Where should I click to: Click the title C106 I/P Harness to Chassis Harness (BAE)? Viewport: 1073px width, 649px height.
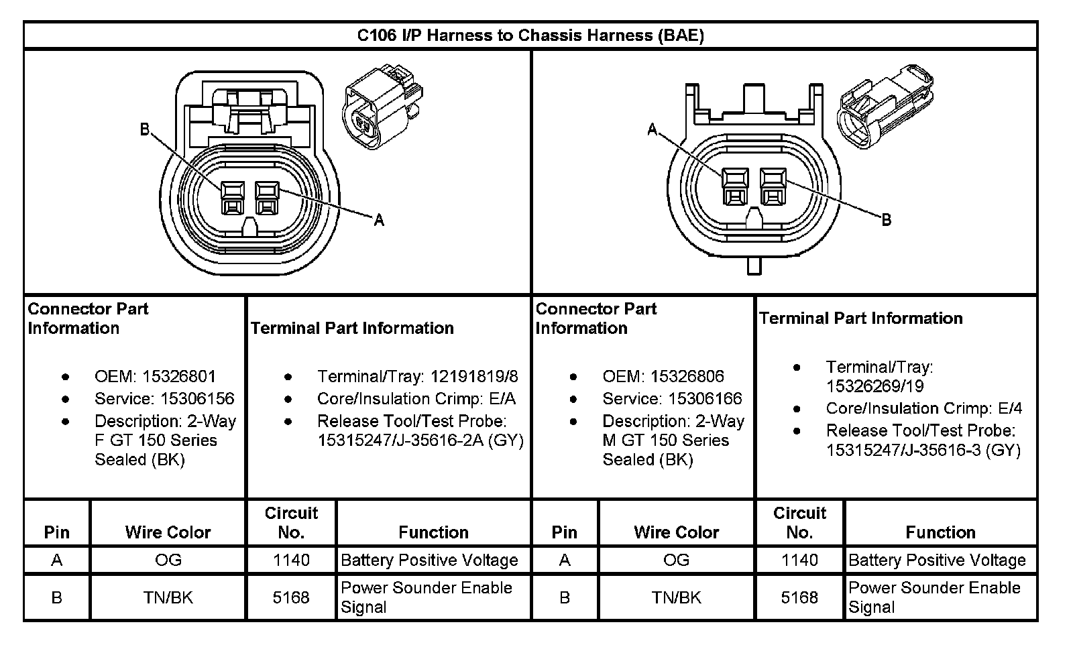pos(530,36)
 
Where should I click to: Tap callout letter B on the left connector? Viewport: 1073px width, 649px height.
pos(144,129)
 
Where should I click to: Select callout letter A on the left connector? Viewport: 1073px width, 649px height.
pos(379,220)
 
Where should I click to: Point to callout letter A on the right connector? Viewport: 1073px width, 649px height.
pos(652,129)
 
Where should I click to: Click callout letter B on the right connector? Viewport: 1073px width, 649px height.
pos(886,220)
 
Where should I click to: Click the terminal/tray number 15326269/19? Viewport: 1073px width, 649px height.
pos(874,387)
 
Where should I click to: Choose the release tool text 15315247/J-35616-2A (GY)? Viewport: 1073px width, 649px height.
pos(420,441)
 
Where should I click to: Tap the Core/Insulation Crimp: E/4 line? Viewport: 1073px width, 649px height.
pos(923,408)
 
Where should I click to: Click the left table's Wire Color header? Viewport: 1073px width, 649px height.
pos(168,532)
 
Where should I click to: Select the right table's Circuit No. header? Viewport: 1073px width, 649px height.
pos(799,523)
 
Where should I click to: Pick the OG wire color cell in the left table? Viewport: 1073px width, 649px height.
pos(168,560)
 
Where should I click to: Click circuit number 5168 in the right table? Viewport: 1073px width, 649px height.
pos(799,597)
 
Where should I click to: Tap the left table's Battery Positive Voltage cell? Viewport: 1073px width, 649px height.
pos(429,560)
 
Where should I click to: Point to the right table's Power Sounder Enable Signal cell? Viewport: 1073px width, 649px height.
pos(934,597)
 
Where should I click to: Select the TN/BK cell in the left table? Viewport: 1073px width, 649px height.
pos(168,597)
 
